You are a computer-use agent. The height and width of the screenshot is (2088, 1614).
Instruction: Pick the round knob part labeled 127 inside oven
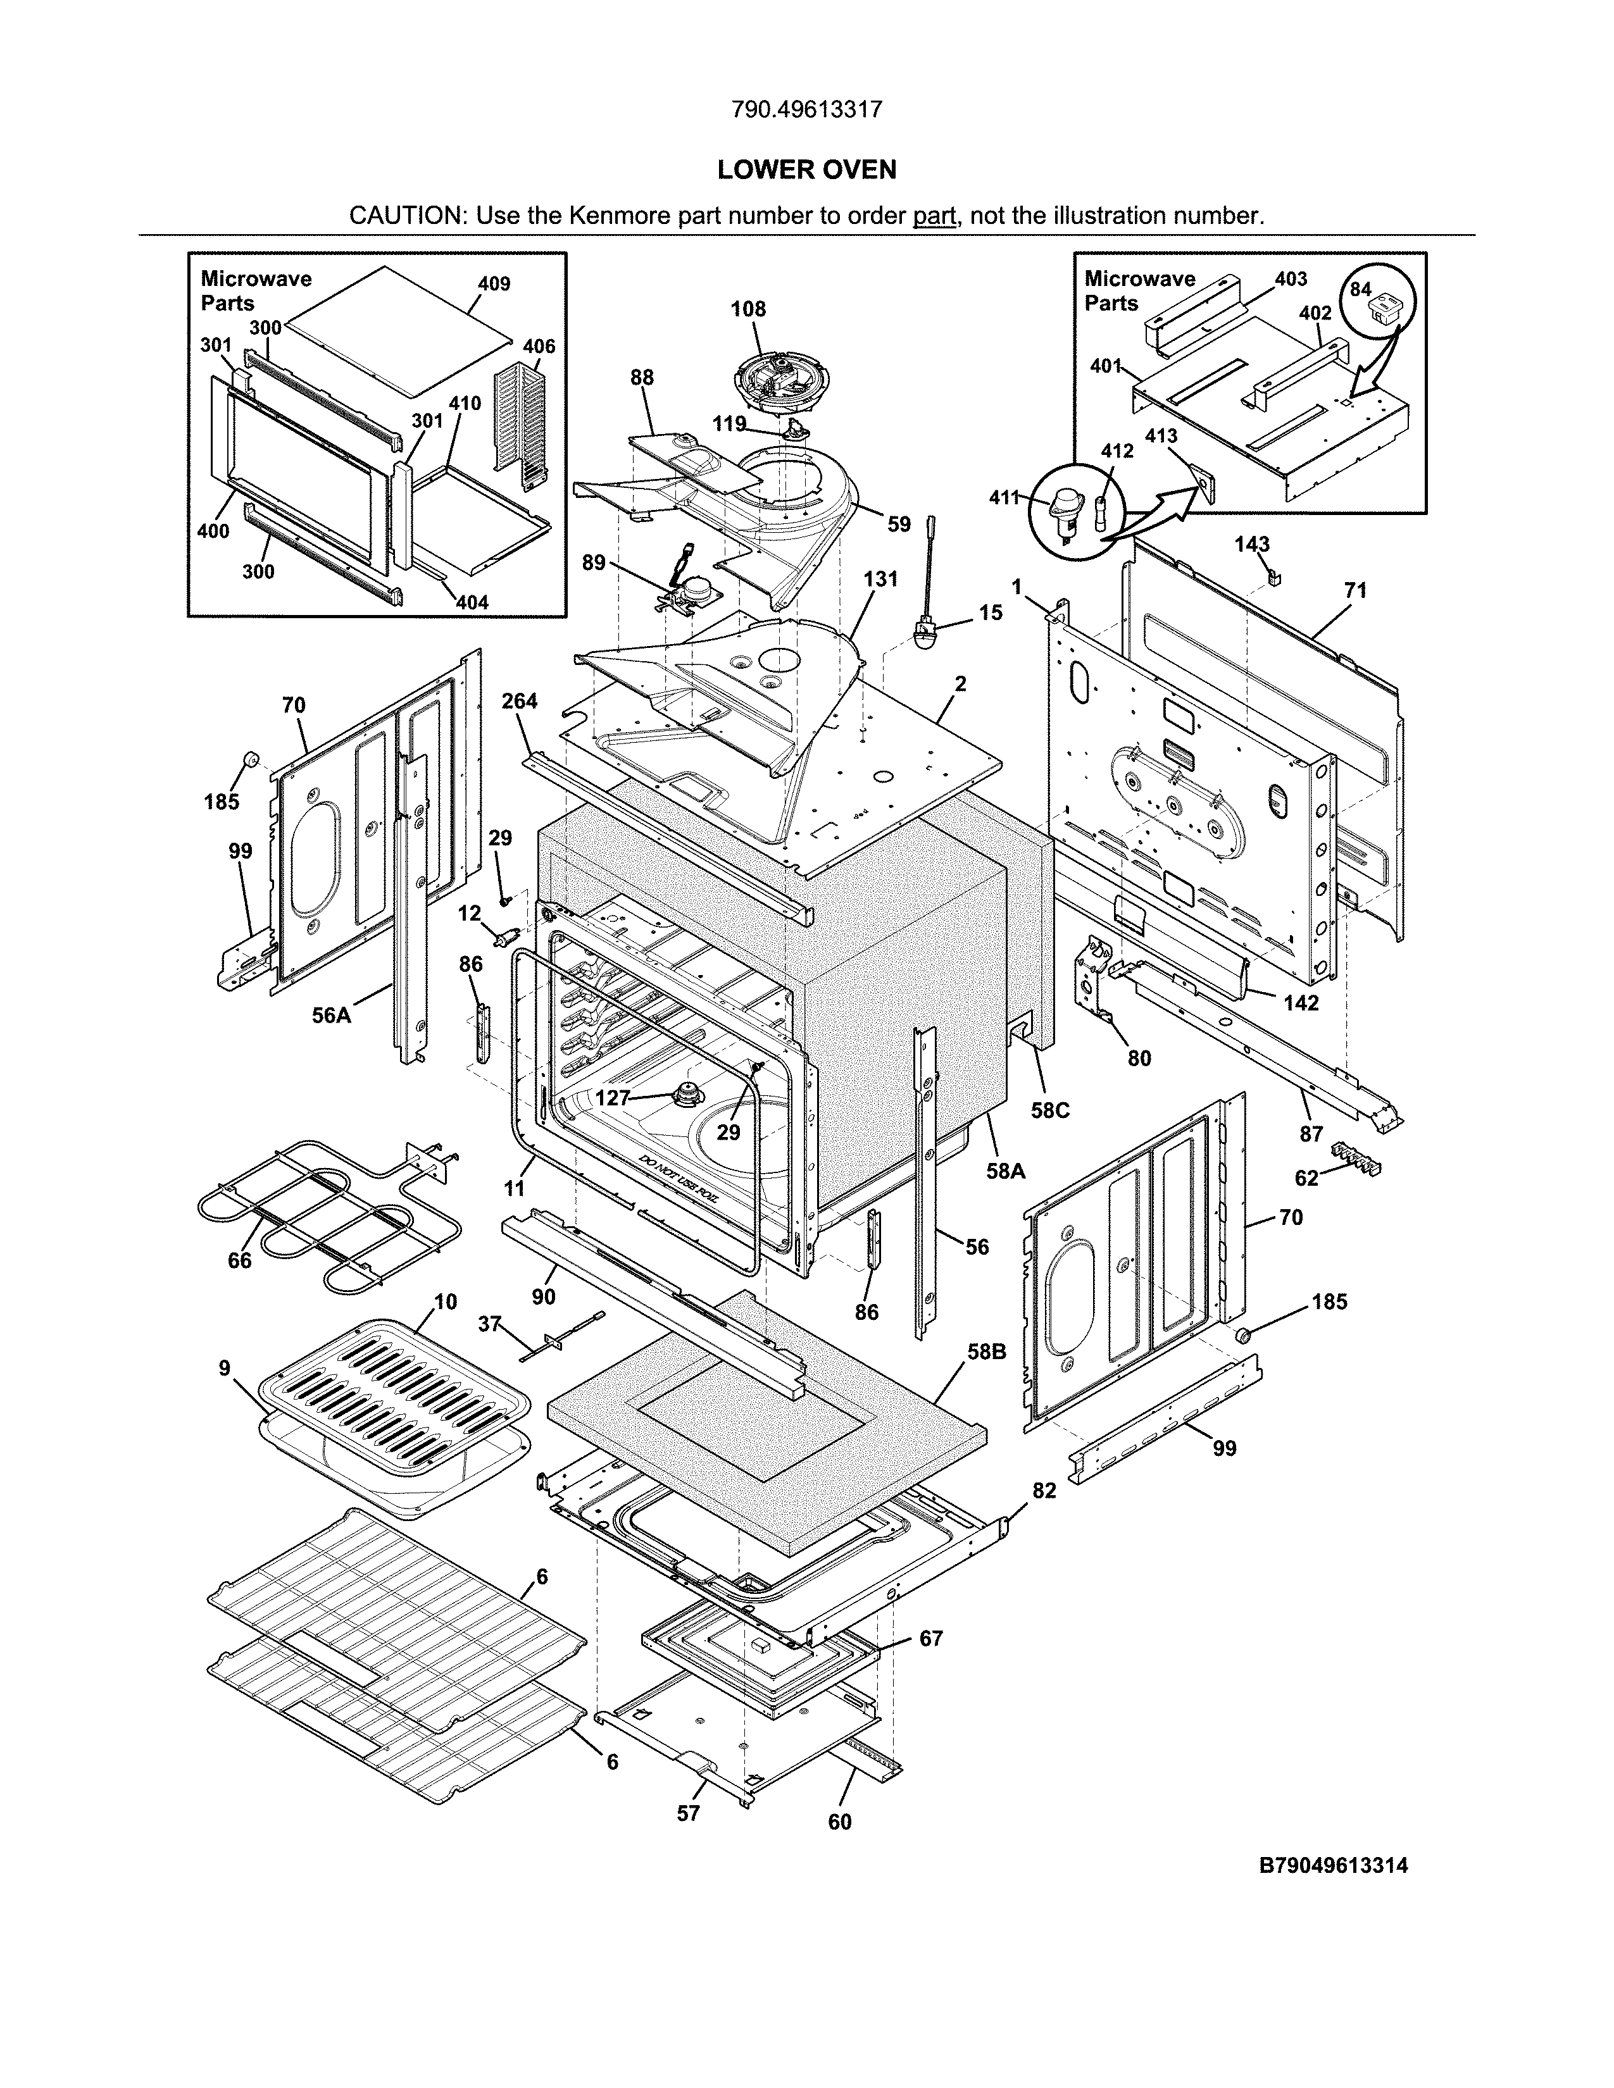point(685,1093)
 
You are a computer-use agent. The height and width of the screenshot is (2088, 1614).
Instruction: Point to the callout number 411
point(1004,497)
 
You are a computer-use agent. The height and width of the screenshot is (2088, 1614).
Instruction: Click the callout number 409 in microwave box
point(494,284)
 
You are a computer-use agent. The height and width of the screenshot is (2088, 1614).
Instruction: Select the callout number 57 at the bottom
point(689,1813)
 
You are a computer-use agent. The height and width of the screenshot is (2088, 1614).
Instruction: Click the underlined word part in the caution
point(934,216)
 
